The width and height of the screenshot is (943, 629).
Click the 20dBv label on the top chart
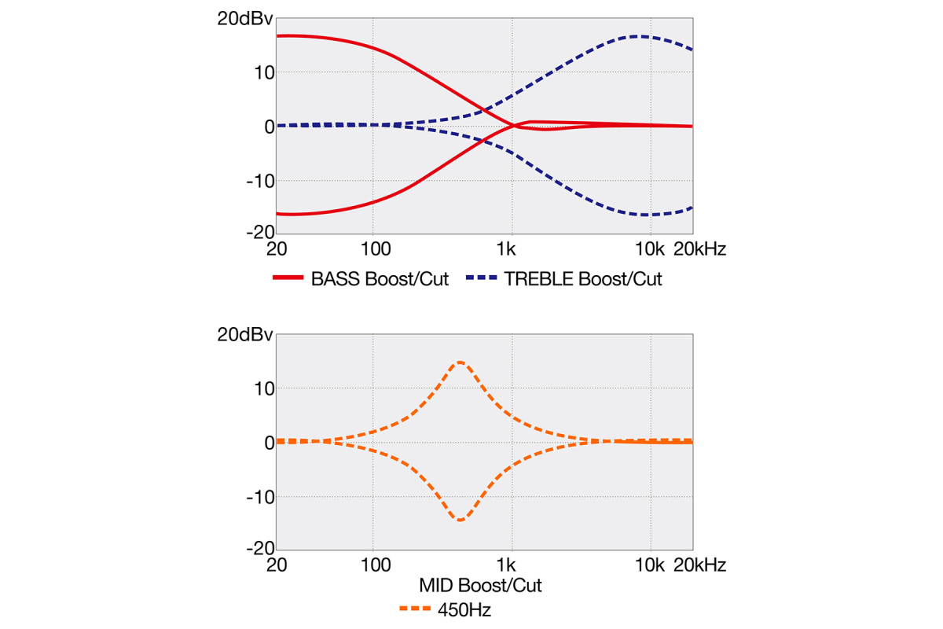pyautogui.click(x=245, y=20)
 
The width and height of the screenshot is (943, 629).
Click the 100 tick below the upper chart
pyautogui.click(x=376, y=250)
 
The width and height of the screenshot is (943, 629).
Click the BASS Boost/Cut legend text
pyautogui.click(x=380, y=280)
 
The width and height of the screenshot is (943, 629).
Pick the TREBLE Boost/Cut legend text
pyautogui.click(x=582, y=280)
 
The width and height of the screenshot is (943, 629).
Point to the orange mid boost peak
pyautogui.click(x=460, y=362)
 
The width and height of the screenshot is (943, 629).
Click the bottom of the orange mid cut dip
pyautogui.click(x=460, y=520)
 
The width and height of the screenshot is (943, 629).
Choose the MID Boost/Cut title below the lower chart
pyautogui.click(x=480, y=586)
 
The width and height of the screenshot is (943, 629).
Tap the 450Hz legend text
pyautogui.click(x=464, y=609)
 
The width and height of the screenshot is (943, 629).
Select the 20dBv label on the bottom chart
pyautogui.click(x=245, y=335)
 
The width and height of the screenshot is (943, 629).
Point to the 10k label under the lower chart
pyautogui.click(x=650, y=565)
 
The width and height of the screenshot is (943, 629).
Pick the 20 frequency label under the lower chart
pyautogui.click(x=276, y=565)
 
